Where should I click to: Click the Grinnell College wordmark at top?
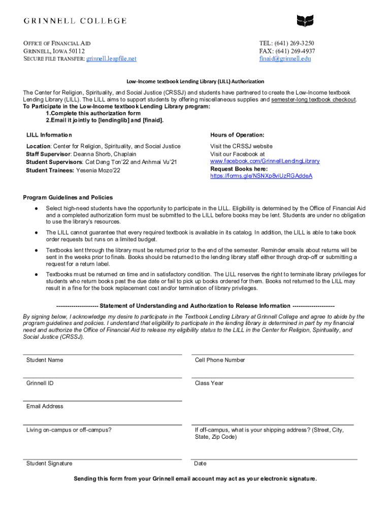pos(75,21)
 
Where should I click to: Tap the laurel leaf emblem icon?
pos(305,21)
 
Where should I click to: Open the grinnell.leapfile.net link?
pos(111,58)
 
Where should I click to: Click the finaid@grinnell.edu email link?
pos(285,58)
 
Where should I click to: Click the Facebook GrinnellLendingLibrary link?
pos(265,161)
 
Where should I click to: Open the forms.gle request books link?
pos(261,176)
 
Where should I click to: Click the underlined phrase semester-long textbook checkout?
pos(313,100)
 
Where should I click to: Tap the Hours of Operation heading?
pos(237,135)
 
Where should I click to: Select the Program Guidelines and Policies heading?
pos(68,198)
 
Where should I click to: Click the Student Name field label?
pos(45,360)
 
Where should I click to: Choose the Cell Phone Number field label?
pos(220,360)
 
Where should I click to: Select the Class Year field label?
pos(209,383)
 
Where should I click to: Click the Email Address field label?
pos(45,406)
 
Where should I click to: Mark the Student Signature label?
pos(49,463)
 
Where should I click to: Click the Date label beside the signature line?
pos(200,463)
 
